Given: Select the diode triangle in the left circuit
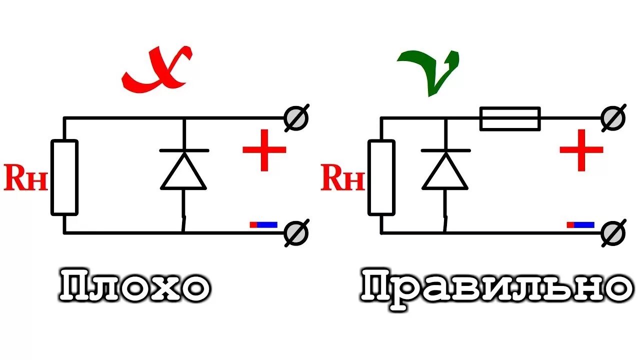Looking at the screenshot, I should click(183, 171).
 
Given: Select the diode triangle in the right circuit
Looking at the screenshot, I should click(445, 171).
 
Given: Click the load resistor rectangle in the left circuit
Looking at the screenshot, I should click(64, 177).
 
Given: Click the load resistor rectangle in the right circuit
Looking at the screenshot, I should click(381, 177).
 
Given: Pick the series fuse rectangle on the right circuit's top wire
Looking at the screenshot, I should click(510, 118).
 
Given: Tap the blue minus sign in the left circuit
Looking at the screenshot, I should click(263, 225).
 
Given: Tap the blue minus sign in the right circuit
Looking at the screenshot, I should click(580, 225).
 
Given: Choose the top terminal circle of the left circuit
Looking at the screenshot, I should click(296, 118).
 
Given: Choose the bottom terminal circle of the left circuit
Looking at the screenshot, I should click(296, 232).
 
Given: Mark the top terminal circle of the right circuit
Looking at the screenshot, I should click(613, 118).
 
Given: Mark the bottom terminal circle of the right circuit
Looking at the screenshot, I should click(613, 232).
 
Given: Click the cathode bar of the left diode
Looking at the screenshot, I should click(184, 150).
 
